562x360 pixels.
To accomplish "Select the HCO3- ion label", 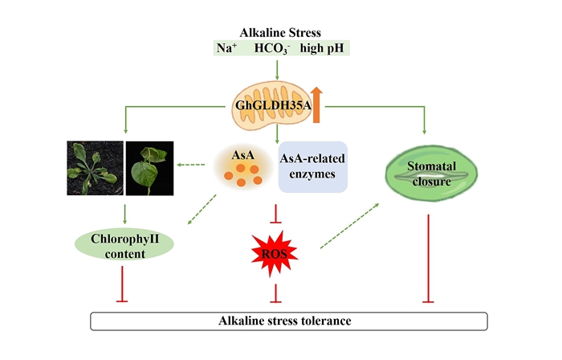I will tap(271, 48).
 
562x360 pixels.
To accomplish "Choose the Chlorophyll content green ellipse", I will tap(125, 246).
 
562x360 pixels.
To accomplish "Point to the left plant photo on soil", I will tap(95, 168).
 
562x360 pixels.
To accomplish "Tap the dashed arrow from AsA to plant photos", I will tap(190, 166).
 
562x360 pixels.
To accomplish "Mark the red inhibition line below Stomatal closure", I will tap(423, 257).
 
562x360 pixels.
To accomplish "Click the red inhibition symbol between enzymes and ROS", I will tap(277, 212).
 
